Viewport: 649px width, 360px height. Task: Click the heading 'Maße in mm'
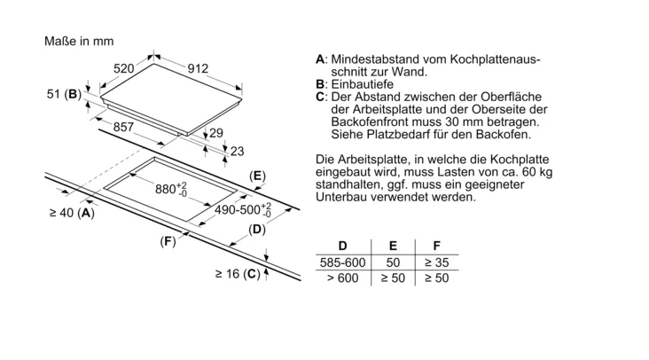coord(78,41)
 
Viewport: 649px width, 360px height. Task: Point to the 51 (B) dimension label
coord(63,93)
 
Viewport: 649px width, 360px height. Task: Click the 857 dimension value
coord(124,128)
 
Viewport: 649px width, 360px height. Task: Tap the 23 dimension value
coord(236,151)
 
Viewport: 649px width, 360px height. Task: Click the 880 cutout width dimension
coord(171,189)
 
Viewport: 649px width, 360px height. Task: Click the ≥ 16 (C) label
coord(237,274)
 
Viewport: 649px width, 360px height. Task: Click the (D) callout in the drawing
coord(256,230)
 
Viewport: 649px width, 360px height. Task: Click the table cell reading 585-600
coord(342,262)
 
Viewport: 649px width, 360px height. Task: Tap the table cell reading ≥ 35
coord(436,262)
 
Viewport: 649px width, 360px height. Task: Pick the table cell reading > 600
coord(342,278)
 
